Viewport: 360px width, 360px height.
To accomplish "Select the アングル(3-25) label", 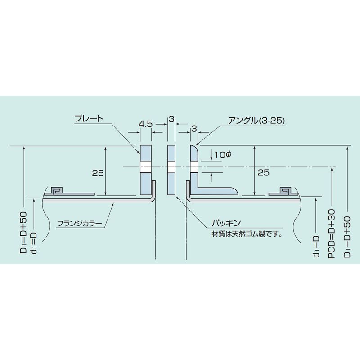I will pos(257,121).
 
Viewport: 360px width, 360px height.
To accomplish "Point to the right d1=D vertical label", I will pos(317,246).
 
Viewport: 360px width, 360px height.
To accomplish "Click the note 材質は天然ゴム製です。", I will pos(247,234).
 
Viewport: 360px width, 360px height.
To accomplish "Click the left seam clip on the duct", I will pos(58,190).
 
